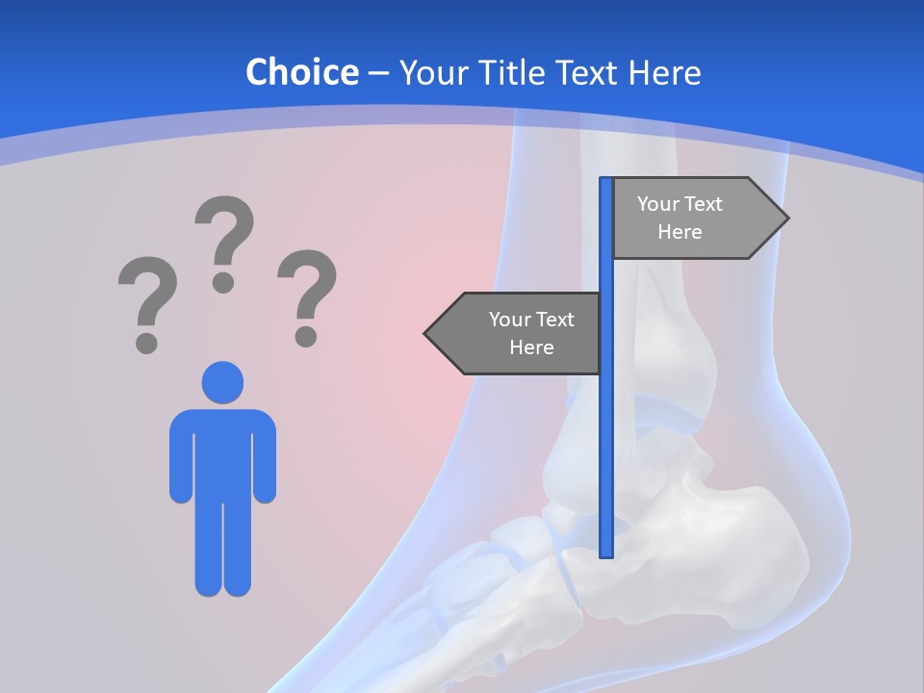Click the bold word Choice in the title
(301, 72)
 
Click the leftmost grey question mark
(146, 301)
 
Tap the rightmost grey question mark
(307, 295)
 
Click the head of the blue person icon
(222, 382)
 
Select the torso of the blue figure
(222, 452)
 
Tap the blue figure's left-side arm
(181, 460)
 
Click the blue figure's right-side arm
(264, 460)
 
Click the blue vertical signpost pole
(606, 433)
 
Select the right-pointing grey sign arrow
(693, 218)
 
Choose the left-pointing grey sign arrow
(520, 333)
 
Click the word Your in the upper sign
(657, 204)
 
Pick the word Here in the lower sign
(531, 347)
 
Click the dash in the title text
(378, 73)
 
